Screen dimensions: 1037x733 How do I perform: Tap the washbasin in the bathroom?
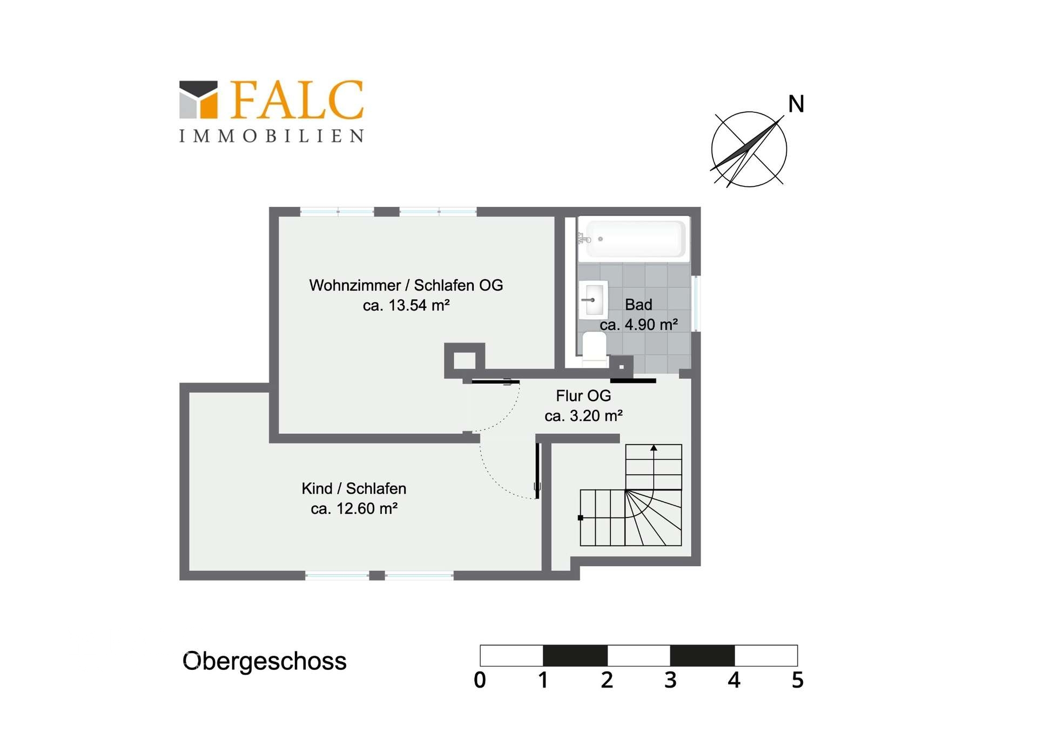(593, 300)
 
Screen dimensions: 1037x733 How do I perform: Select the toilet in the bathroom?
(594, 348)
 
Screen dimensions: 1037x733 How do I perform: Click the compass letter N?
(796, 104)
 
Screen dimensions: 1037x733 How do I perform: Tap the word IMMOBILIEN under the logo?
(272, 136)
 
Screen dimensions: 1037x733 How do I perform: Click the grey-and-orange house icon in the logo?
(198, 99)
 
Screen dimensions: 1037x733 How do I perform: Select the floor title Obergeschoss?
(265, 661)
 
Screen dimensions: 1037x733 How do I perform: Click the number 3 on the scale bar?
(670, 680)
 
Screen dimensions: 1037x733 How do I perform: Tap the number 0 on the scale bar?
(480, 680)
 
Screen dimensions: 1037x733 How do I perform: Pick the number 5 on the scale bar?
(798, 680)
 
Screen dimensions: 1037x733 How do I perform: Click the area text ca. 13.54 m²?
(406, 305)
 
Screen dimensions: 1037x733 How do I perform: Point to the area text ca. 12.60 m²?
(354, 508)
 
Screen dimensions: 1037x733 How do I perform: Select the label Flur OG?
(583, 396)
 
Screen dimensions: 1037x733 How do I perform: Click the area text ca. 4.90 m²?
(639, 325)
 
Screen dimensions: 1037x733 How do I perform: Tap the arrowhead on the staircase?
(654, 448)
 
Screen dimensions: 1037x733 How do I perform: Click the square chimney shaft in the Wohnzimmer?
(464, 360)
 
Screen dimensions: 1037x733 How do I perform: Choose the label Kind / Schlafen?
(354, 488)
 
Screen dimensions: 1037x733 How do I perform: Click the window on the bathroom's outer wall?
(696, 304)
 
